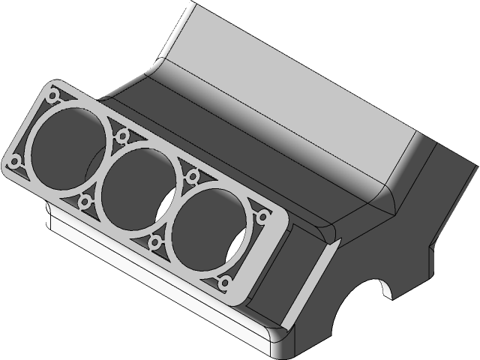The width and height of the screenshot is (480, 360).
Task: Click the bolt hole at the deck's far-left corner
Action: click(14, 160)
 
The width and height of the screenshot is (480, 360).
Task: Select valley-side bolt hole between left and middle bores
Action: click(122, 136)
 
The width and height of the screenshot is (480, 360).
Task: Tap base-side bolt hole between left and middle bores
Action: click(85, 200)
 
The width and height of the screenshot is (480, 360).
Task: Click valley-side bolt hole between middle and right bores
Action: click(193, 176)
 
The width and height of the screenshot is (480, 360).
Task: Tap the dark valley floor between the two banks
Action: click(225, 150)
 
